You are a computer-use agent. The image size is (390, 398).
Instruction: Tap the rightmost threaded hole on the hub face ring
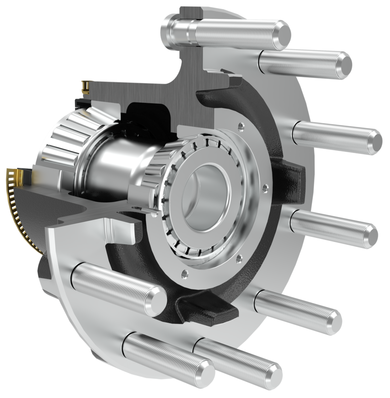[x=265, y=188]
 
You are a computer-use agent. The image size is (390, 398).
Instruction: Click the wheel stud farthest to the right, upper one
[x=338, y=134]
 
